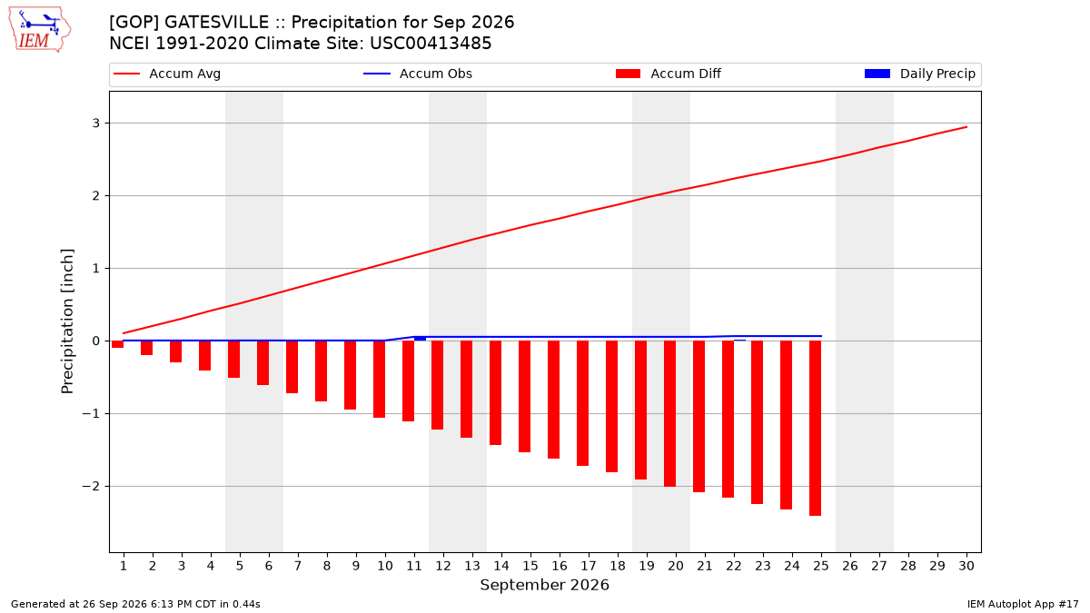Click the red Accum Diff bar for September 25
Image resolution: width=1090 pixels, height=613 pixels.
[815, 428]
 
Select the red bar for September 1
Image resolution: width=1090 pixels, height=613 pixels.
[117, 344]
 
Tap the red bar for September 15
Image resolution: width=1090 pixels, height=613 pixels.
[525, 397]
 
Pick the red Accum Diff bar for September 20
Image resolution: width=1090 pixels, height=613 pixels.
[669, 413]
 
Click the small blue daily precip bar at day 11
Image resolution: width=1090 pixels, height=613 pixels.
[420, 339]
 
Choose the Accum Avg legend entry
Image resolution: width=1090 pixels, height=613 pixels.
[167, 74]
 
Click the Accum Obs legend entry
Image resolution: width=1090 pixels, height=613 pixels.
[418, 74]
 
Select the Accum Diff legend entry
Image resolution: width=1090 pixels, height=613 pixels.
[669, 74]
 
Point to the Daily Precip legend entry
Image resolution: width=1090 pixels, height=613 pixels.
[919, 74]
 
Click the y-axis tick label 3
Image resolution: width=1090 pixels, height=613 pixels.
[96, 124]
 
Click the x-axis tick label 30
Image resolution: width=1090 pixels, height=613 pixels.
[966, 566]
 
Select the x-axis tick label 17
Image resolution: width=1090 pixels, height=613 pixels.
[589, 566]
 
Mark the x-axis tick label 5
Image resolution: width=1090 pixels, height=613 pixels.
[240, 566]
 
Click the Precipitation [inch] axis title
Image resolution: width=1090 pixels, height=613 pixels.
[67, 321]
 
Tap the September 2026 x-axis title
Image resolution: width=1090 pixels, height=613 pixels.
[544, 585]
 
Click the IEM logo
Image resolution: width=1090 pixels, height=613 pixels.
[39, 30]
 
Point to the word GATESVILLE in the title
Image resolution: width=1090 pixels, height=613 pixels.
[216, 23]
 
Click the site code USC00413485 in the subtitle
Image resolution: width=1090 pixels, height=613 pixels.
[431, 44]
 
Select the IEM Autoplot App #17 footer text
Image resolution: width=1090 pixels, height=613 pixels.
[1023, 604]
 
